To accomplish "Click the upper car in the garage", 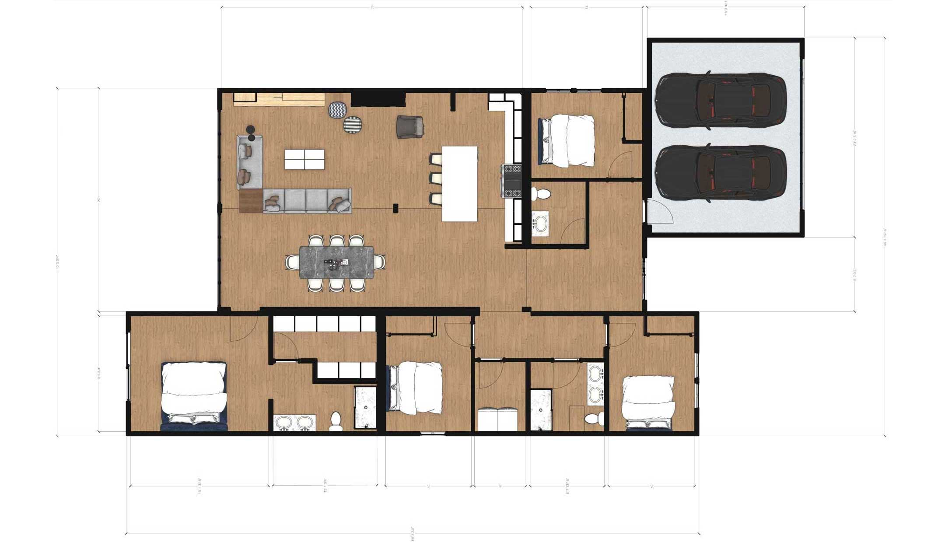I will click(x=722, y=100).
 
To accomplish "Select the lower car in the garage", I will click(x=722, y=173).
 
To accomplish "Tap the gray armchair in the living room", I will click(x=410, y=126).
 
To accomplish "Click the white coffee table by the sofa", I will click(x=304, y=159).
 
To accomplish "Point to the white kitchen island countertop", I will click(x=459, y=183).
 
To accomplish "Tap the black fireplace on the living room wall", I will click(x=378, y=100).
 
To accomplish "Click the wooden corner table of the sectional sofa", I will click(x=251, y=201).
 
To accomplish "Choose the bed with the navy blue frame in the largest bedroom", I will click(x=194, y=396).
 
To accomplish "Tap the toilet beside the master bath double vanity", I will click(x=336, y=420).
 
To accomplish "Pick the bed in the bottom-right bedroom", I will click(x=648, y=401).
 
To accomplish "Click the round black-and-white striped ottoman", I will click(x=353, y=125).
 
